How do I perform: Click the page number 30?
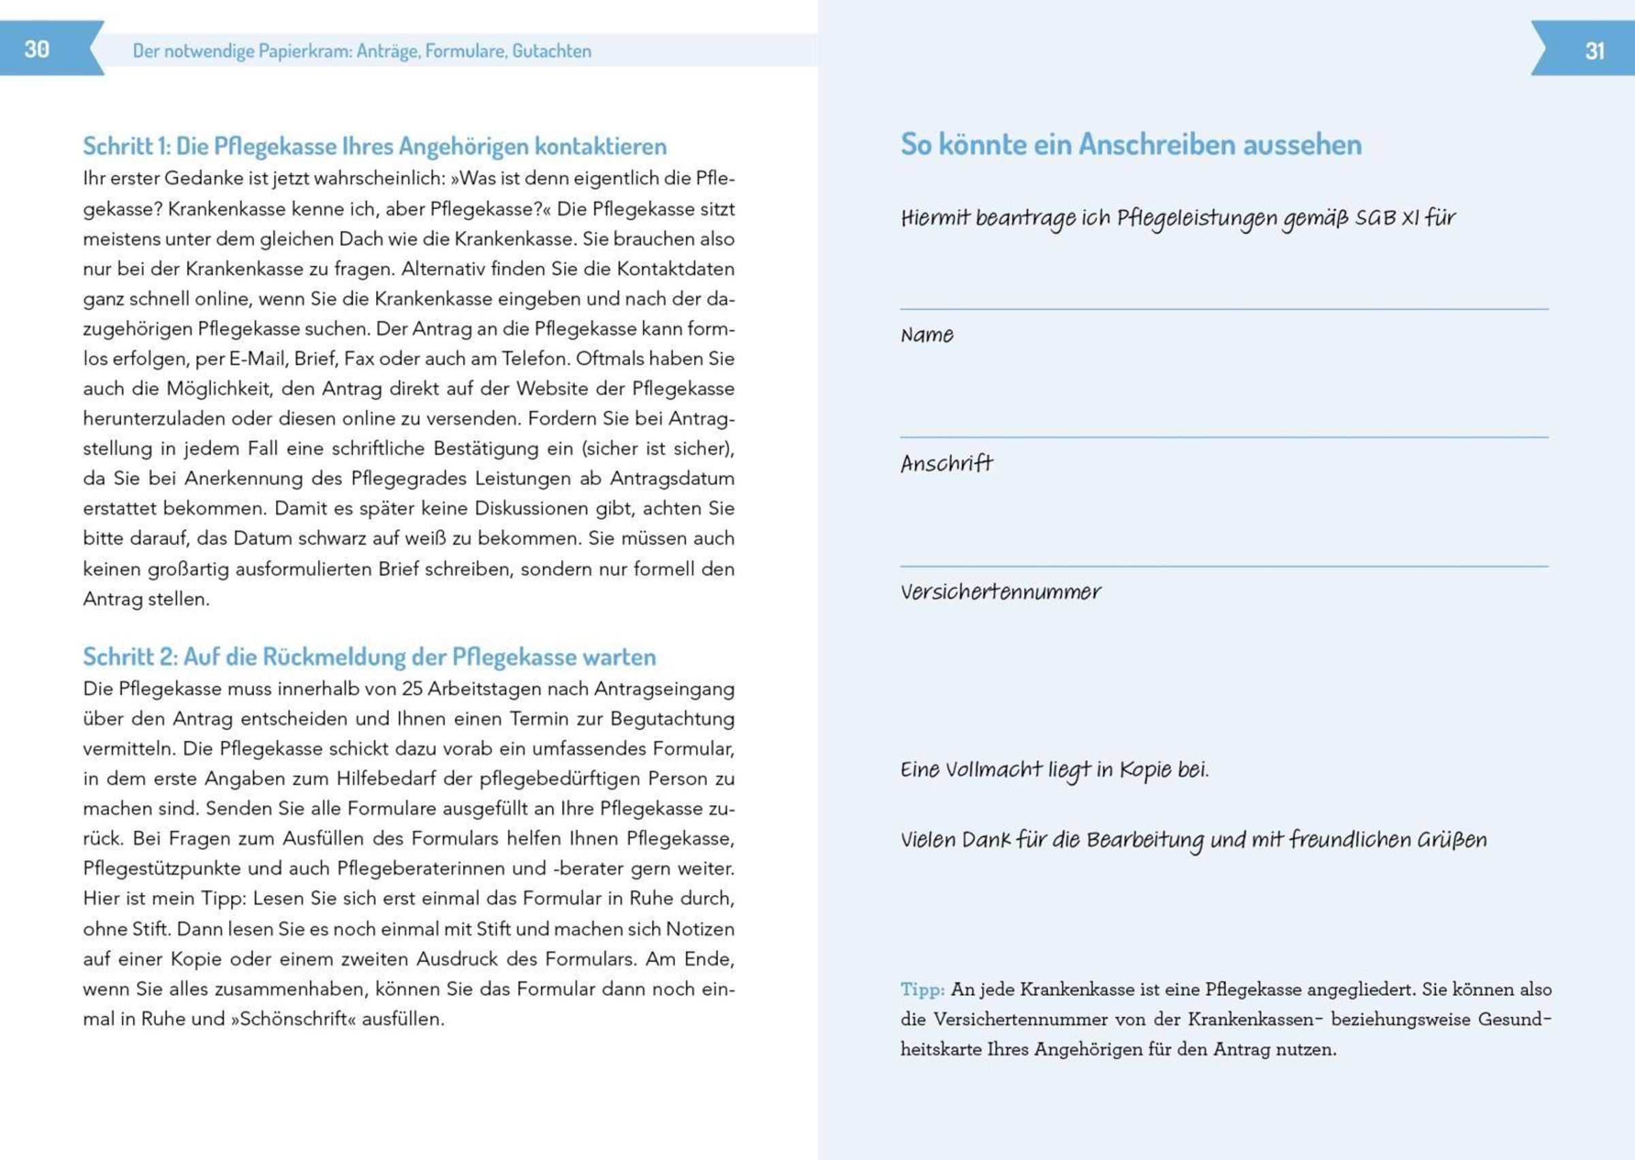click(x=36, y=49)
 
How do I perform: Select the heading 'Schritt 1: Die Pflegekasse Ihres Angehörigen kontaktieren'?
click(x=374, y=146)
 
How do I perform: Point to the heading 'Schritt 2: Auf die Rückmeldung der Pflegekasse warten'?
click(x=369, y=657)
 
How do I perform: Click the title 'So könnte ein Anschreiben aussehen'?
click(x=1131, y=144)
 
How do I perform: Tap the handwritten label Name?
click(x=926, y=335)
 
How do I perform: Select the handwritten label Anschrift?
click(x=946, y=465)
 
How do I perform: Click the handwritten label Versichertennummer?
click(x=1000, y=592)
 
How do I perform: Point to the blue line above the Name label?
click(x=1224, y=309)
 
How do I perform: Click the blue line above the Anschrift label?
click(x=1224, y=437)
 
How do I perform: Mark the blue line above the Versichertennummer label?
click(x=1224, y=567)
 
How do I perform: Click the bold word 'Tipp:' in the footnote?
click(x=922, y=989)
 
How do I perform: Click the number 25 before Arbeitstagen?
click(x=412, y=689)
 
